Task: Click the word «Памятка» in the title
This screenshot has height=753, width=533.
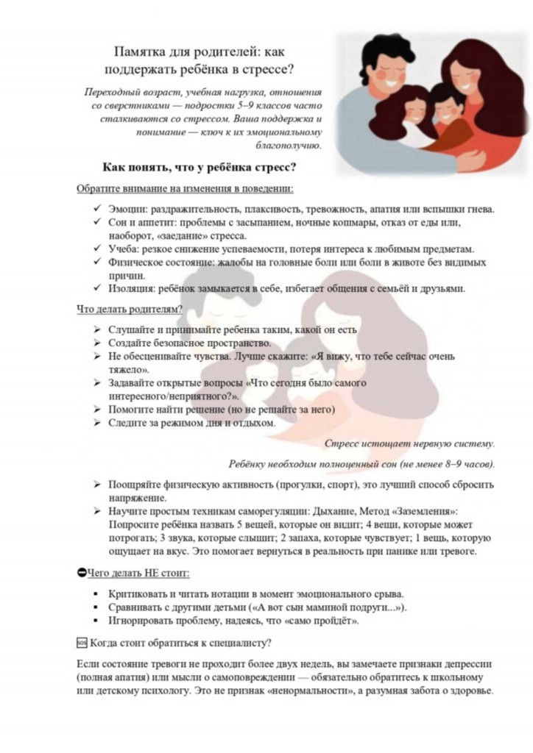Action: click(141, 51)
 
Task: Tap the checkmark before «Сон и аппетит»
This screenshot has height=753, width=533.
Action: click(97, 223)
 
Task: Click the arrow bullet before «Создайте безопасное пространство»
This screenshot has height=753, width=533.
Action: click(97, 343)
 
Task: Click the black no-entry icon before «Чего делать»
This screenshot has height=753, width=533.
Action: click(81, 572)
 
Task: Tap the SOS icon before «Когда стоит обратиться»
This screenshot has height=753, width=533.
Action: click(82, 643)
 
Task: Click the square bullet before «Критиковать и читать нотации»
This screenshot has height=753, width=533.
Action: click(97, 594)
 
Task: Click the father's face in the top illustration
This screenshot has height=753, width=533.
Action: click(379, 66)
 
